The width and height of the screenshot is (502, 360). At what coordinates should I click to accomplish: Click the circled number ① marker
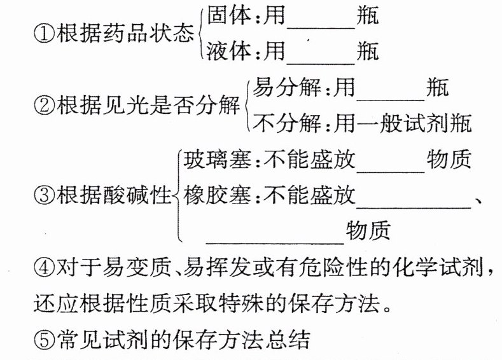click(x=43, y=34)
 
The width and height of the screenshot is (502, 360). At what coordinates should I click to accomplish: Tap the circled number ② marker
click(x=43, y=104)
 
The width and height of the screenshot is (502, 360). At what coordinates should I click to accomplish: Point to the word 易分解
click(x=286, y=88)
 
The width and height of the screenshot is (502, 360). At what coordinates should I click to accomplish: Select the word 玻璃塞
click(x=215, y=160)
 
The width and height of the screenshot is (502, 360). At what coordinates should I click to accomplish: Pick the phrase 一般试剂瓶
click(x=414, y=122)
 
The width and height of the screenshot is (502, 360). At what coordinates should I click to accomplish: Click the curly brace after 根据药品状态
click(x=201, y=34)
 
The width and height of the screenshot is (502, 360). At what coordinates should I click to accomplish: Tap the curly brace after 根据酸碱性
click(x=176, y=195)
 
